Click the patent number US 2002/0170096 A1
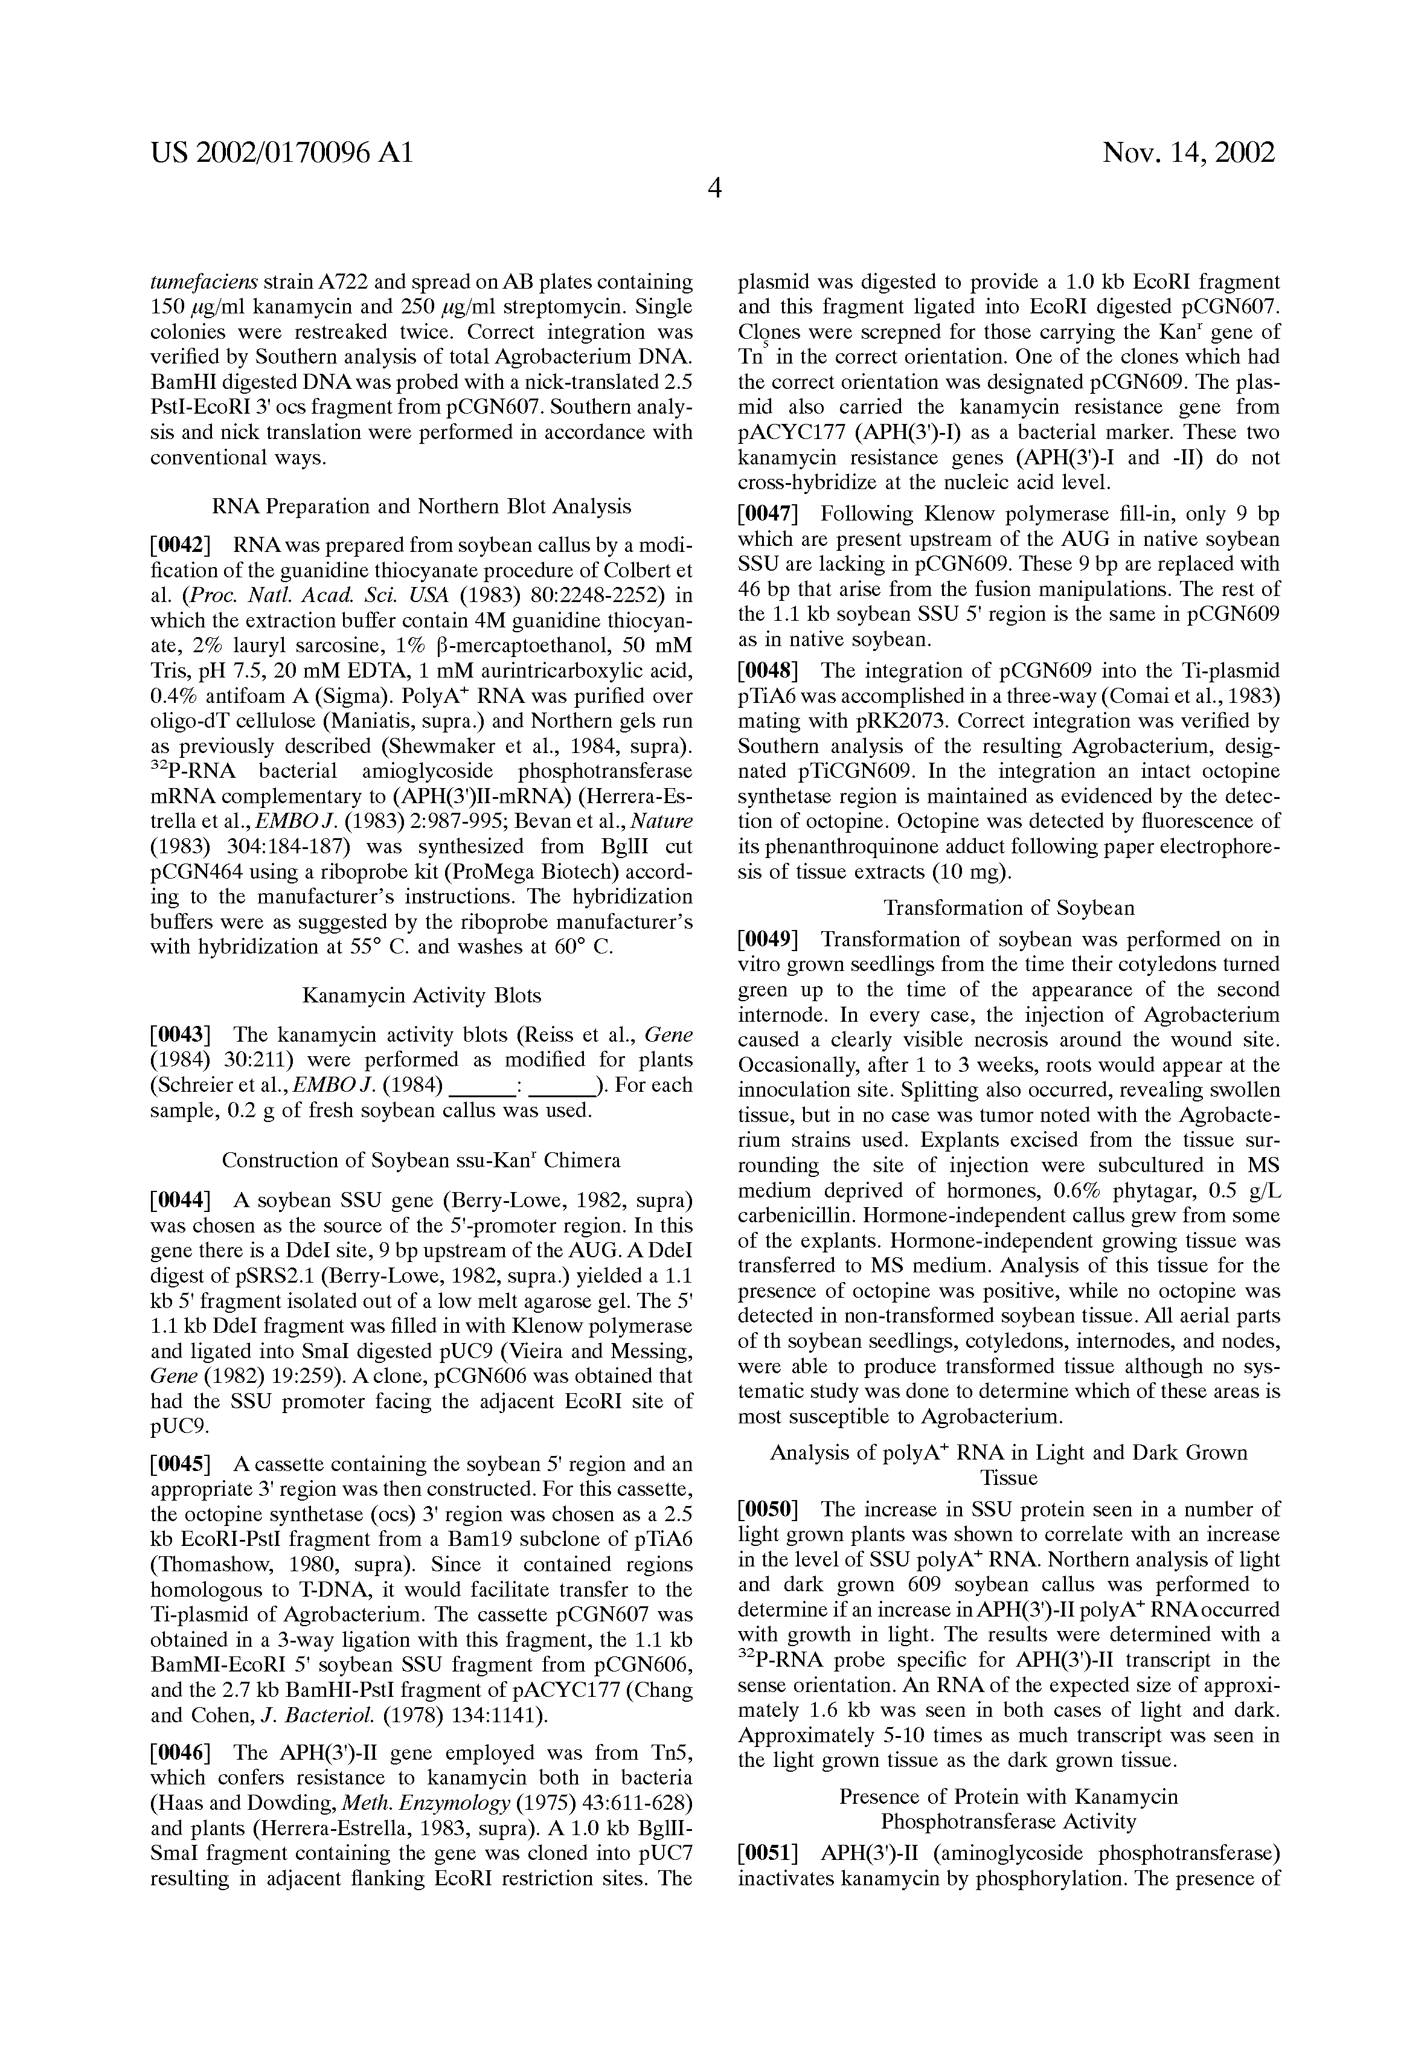281,153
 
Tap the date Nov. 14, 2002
1188,153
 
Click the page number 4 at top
714,188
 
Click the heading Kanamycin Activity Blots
422,995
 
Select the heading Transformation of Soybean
1008,908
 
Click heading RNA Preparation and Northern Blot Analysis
422,507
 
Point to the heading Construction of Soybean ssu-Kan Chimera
422,1160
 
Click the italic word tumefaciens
205,283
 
